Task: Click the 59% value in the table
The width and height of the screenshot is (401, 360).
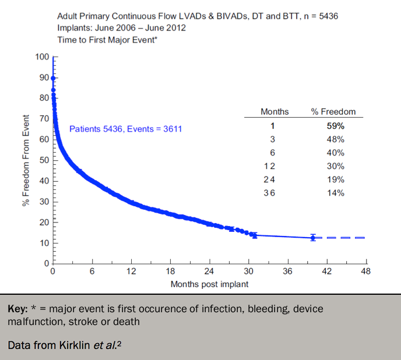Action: point(335,126)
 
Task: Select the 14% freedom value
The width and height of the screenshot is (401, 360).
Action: point(335,193)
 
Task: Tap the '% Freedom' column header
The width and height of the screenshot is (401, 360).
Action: point(333,112)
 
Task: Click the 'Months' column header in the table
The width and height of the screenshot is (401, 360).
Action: point(270,112)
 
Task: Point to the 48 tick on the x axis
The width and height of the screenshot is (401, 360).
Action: point(366,271)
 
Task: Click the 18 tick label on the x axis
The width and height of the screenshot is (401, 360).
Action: point(171,271)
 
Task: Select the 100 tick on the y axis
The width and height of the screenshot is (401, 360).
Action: point(41,57)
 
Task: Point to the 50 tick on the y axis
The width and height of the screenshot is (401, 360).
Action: point(44,160)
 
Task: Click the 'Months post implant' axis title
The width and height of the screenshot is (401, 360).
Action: point(209,284)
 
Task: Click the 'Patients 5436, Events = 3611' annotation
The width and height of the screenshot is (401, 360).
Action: point(125,129)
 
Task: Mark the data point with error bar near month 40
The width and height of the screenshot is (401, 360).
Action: point(313,238)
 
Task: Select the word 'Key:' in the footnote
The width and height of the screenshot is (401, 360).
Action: point(18,309)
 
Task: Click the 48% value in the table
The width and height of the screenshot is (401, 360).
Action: point(335,139)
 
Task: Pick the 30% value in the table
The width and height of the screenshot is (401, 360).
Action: point(335,166)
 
